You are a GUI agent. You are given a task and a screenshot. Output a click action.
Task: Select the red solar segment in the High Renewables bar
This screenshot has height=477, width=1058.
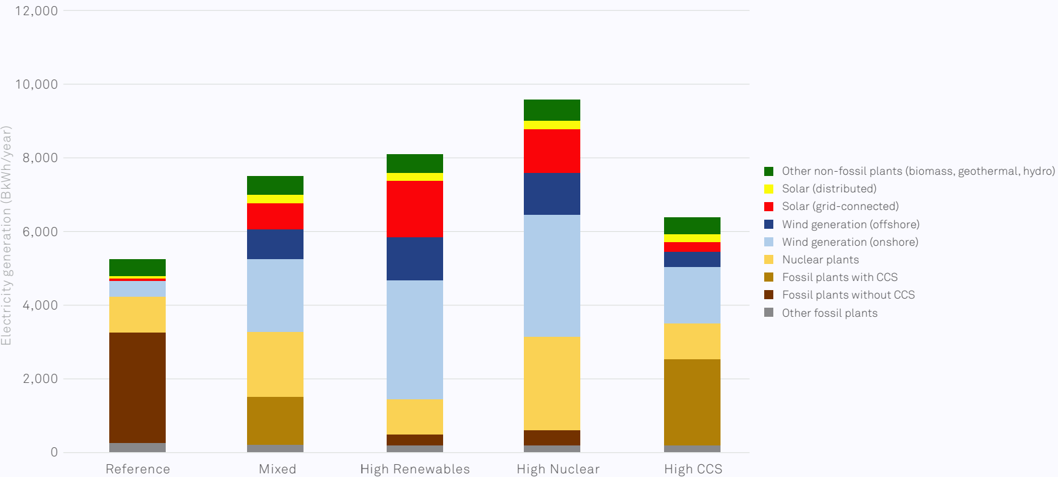415,209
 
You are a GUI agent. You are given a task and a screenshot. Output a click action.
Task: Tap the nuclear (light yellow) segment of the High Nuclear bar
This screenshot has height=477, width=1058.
552,383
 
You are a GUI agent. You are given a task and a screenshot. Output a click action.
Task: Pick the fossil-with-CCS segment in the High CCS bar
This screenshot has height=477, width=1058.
692,402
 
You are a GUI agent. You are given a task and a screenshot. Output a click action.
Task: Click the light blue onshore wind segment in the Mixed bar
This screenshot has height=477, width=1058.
275,296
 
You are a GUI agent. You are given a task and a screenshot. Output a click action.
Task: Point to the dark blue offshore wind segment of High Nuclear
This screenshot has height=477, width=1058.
552,194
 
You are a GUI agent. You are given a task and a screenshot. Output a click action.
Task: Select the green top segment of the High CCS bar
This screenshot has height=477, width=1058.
692,226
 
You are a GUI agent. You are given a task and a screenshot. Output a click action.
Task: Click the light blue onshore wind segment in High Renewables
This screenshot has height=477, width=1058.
415,339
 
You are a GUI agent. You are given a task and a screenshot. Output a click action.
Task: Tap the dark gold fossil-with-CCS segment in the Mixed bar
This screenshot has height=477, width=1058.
275,421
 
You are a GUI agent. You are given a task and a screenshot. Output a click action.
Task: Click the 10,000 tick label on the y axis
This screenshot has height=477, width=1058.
36,84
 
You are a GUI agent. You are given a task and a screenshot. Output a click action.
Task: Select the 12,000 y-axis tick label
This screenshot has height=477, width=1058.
36,11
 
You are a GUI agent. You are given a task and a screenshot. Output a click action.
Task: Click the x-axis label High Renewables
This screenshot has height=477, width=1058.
415,469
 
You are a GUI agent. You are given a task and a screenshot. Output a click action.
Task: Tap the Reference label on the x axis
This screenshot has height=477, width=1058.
138,469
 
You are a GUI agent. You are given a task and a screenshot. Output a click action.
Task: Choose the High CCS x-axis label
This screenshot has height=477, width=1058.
693,469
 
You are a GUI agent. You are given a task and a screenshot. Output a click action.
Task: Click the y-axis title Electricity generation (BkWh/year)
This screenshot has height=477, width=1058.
7,235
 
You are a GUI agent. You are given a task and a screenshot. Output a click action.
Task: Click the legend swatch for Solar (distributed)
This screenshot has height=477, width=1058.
769,189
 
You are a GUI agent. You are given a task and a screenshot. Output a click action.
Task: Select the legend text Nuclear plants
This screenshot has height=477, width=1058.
820,260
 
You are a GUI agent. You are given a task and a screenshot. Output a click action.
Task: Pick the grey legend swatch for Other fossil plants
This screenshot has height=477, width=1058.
769,313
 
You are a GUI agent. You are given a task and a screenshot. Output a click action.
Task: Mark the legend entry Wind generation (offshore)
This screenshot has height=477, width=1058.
850,225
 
